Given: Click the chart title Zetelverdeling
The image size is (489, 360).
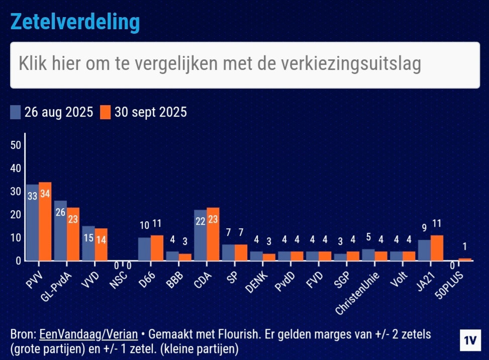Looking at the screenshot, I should tap(75, 22).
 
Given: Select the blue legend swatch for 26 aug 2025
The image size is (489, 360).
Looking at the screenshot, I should tap(16, 112).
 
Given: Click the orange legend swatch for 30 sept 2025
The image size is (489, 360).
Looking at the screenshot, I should tap(105, 112).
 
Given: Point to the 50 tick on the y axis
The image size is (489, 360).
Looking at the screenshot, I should tap(16, 145).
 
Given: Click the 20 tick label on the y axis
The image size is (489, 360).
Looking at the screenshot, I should tap(16, 215).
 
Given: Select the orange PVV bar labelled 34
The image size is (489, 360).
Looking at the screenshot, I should tap(45, 221).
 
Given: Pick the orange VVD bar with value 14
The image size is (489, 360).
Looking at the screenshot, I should tap(101, 244).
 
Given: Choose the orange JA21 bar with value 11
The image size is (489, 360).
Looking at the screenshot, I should tap(436, 248).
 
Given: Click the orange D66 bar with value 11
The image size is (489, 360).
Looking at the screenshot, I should tap(157, 248).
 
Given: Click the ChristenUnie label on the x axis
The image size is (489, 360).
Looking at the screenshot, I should tap(357, 292).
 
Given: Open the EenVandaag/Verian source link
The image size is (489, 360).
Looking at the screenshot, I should tap(88, 334).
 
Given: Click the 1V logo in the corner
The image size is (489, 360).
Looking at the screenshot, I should tap(470, 340).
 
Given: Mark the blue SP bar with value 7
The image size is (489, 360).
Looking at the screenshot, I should tap(228, 252).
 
